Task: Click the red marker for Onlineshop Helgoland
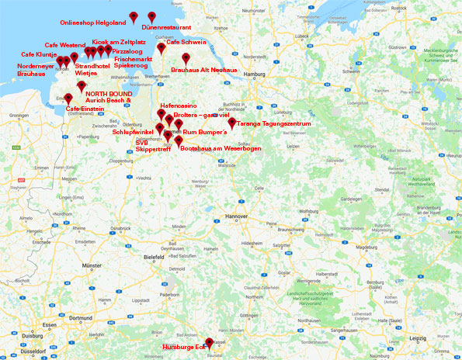pos(134,17)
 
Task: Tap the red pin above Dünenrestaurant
pos(152,16)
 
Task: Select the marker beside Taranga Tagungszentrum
pos(231,123)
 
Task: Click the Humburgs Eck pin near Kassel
pos(208,341)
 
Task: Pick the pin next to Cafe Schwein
pos(161,48)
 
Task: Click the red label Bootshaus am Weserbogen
pos(220,147)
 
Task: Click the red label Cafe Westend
pos(65,46)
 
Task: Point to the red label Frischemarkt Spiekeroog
pos(132,63)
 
